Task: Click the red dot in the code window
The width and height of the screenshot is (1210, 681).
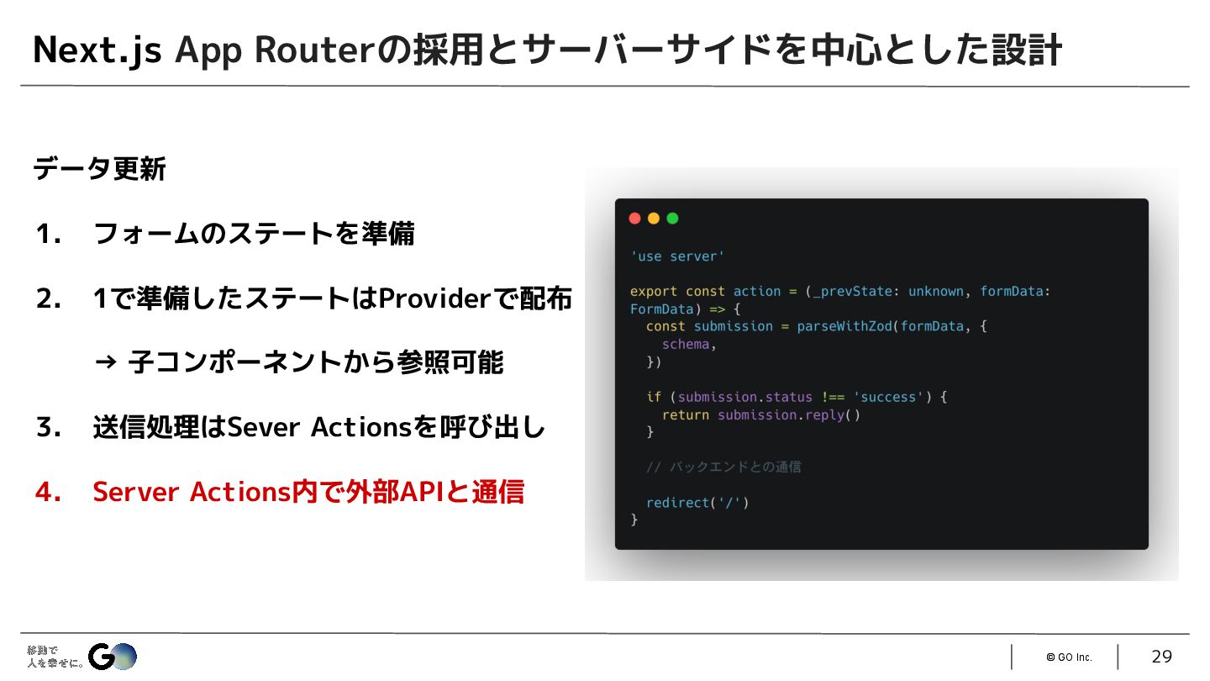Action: (x=634, y=219)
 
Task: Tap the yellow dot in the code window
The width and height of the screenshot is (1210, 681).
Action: (x=654, y=219)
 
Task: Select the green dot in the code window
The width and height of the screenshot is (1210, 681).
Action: (x=672, y=219)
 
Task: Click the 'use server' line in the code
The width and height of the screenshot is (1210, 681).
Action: (x=677, y=256)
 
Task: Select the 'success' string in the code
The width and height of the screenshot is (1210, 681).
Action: (x=889, y=397)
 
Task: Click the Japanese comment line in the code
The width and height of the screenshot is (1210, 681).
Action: (x=723, y=467)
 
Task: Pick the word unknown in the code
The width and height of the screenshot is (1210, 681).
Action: (x=936, y=292)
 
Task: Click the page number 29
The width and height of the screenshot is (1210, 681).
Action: (x=1161, y=657)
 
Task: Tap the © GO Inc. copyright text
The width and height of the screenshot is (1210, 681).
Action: (x=1069, y=657)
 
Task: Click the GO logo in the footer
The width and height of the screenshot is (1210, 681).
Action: (x=112, y=656)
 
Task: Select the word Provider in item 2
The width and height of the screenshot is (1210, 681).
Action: (x=433, y=298)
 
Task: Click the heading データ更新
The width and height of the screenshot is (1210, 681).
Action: (x=99, y=170)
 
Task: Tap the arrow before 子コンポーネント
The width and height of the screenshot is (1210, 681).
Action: (x=105, y=363)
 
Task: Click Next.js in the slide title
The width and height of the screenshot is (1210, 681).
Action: (x=97, y=50)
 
